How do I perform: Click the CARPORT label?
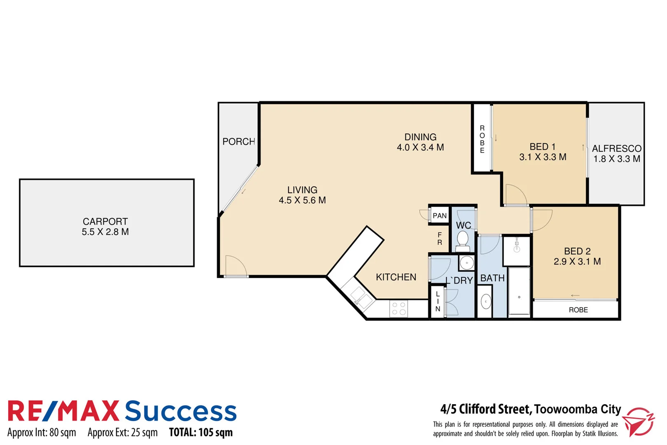[x=105, y=221]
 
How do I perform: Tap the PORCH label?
[x=239, y=142]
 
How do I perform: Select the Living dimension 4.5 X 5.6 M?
[x=302, y=200]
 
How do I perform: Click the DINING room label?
[x=420, y=137]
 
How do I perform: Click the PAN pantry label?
[x=439, y=215]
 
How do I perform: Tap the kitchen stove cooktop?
[x=399, y=309]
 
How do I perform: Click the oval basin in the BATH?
[x=486, y=302]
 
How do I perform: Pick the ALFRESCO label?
[x=616, y=148]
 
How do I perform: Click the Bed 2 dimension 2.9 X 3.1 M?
[x=577, y=262]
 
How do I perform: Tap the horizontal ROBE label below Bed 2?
[x=578, y=310]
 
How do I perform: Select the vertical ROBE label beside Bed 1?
[x=482, y=139]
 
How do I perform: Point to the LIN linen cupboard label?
[x=438, y=302]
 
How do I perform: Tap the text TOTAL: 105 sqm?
[x=201, y=432]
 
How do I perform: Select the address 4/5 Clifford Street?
[x=486, y=409]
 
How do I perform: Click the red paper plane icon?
[x=638, y=422]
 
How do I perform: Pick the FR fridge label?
[x=440, y=239]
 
